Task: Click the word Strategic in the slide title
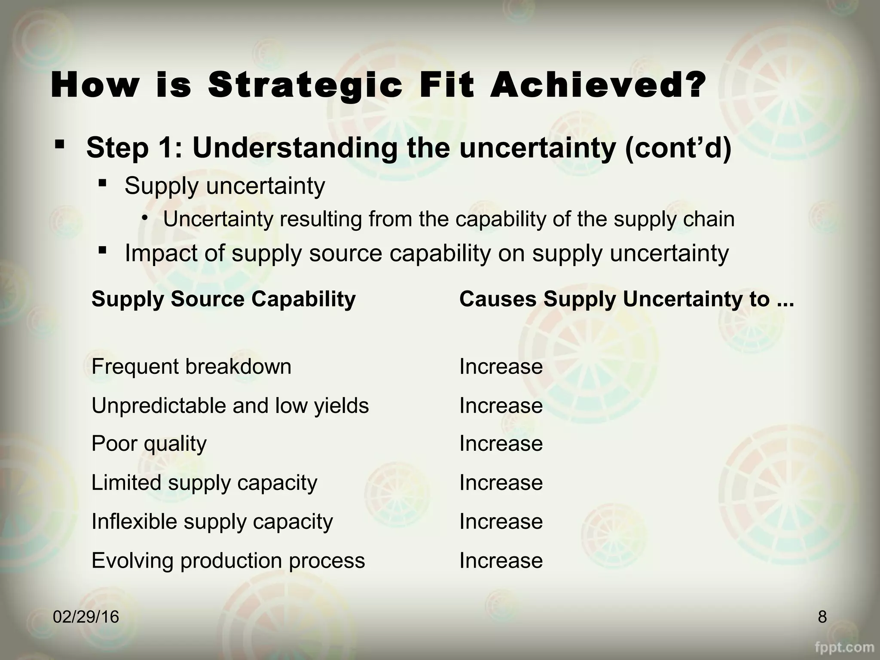pyautogui.click(x=305, y=86)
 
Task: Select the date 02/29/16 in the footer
pyautogui.click(x=86, y=617)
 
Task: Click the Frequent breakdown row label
pyautogui.click(x=191, y=367)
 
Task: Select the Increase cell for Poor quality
pyautogui.click(x=501, y=443)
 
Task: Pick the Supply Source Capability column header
pyautogui.click(x=223, y=299)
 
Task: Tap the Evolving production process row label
pyautogui.click(x=228, y=560)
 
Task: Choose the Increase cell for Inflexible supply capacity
pyautogui.click(x=501, y=522)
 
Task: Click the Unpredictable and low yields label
pyautogui.click(x=230, y=406)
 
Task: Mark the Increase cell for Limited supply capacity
pyautogui.click(x=501, y=483)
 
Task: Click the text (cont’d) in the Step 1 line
pyautogui.click(x=678, y=147)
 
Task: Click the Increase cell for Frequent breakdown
pyautogui.click(x=501, y=367)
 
